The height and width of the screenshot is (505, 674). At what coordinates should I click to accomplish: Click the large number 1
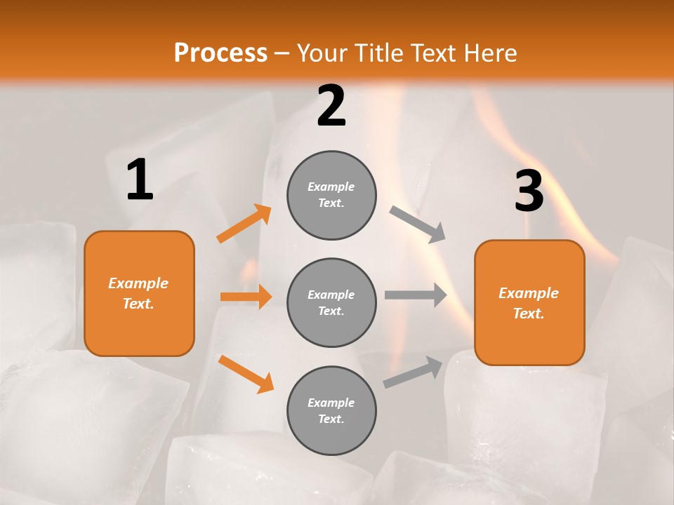point(140,180)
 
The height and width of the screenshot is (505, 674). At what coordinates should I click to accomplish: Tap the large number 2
point(331,106)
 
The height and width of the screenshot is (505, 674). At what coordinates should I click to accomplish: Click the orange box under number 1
point(139,293)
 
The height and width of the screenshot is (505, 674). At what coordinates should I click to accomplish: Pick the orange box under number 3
point(529,303)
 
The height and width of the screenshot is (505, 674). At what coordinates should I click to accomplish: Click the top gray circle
point(331,195)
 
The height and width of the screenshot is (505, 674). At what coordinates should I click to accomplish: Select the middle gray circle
point(331,302)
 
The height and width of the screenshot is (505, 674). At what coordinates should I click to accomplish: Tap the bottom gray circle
point(331,410)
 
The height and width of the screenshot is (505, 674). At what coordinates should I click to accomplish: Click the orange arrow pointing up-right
point(244,224)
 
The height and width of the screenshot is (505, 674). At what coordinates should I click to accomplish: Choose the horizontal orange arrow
point(246,297)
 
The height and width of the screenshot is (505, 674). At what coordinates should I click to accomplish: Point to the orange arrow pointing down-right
point(246,374)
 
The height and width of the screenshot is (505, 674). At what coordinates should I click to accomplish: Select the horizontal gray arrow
point(416,295)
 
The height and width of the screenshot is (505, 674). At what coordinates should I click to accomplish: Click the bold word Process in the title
point(220,53)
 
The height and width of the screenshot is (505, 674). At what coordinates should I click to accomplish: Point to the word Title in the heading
point(378,53)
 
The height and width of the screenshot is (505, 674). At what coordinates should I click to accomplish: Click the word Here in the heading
point(489,53)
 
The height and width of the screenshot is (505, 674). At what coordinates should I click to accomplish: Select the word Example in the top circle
point(331,187)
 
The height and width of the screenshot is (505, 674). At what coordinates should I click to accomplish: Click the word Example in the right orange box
point(529,293)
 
